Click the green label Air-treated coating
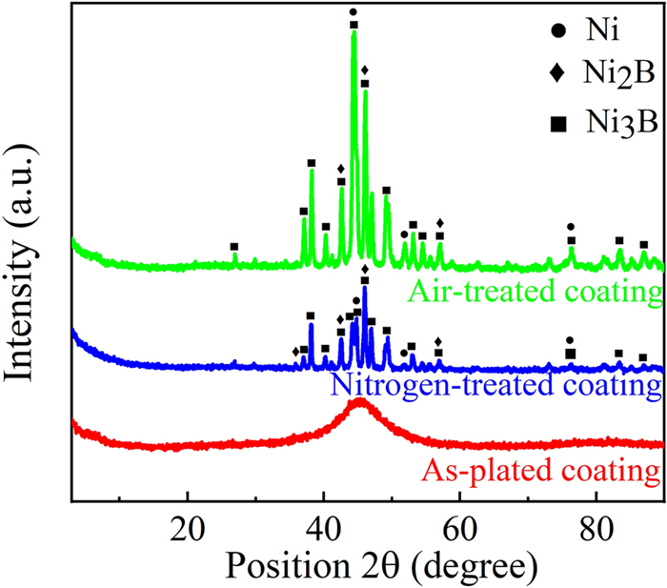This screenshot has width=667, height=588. point(534,293)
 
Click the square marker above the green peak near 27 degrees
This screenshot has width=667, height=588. point(234,247)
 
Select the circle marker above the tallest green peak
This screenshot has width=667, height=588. point(354,12)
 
